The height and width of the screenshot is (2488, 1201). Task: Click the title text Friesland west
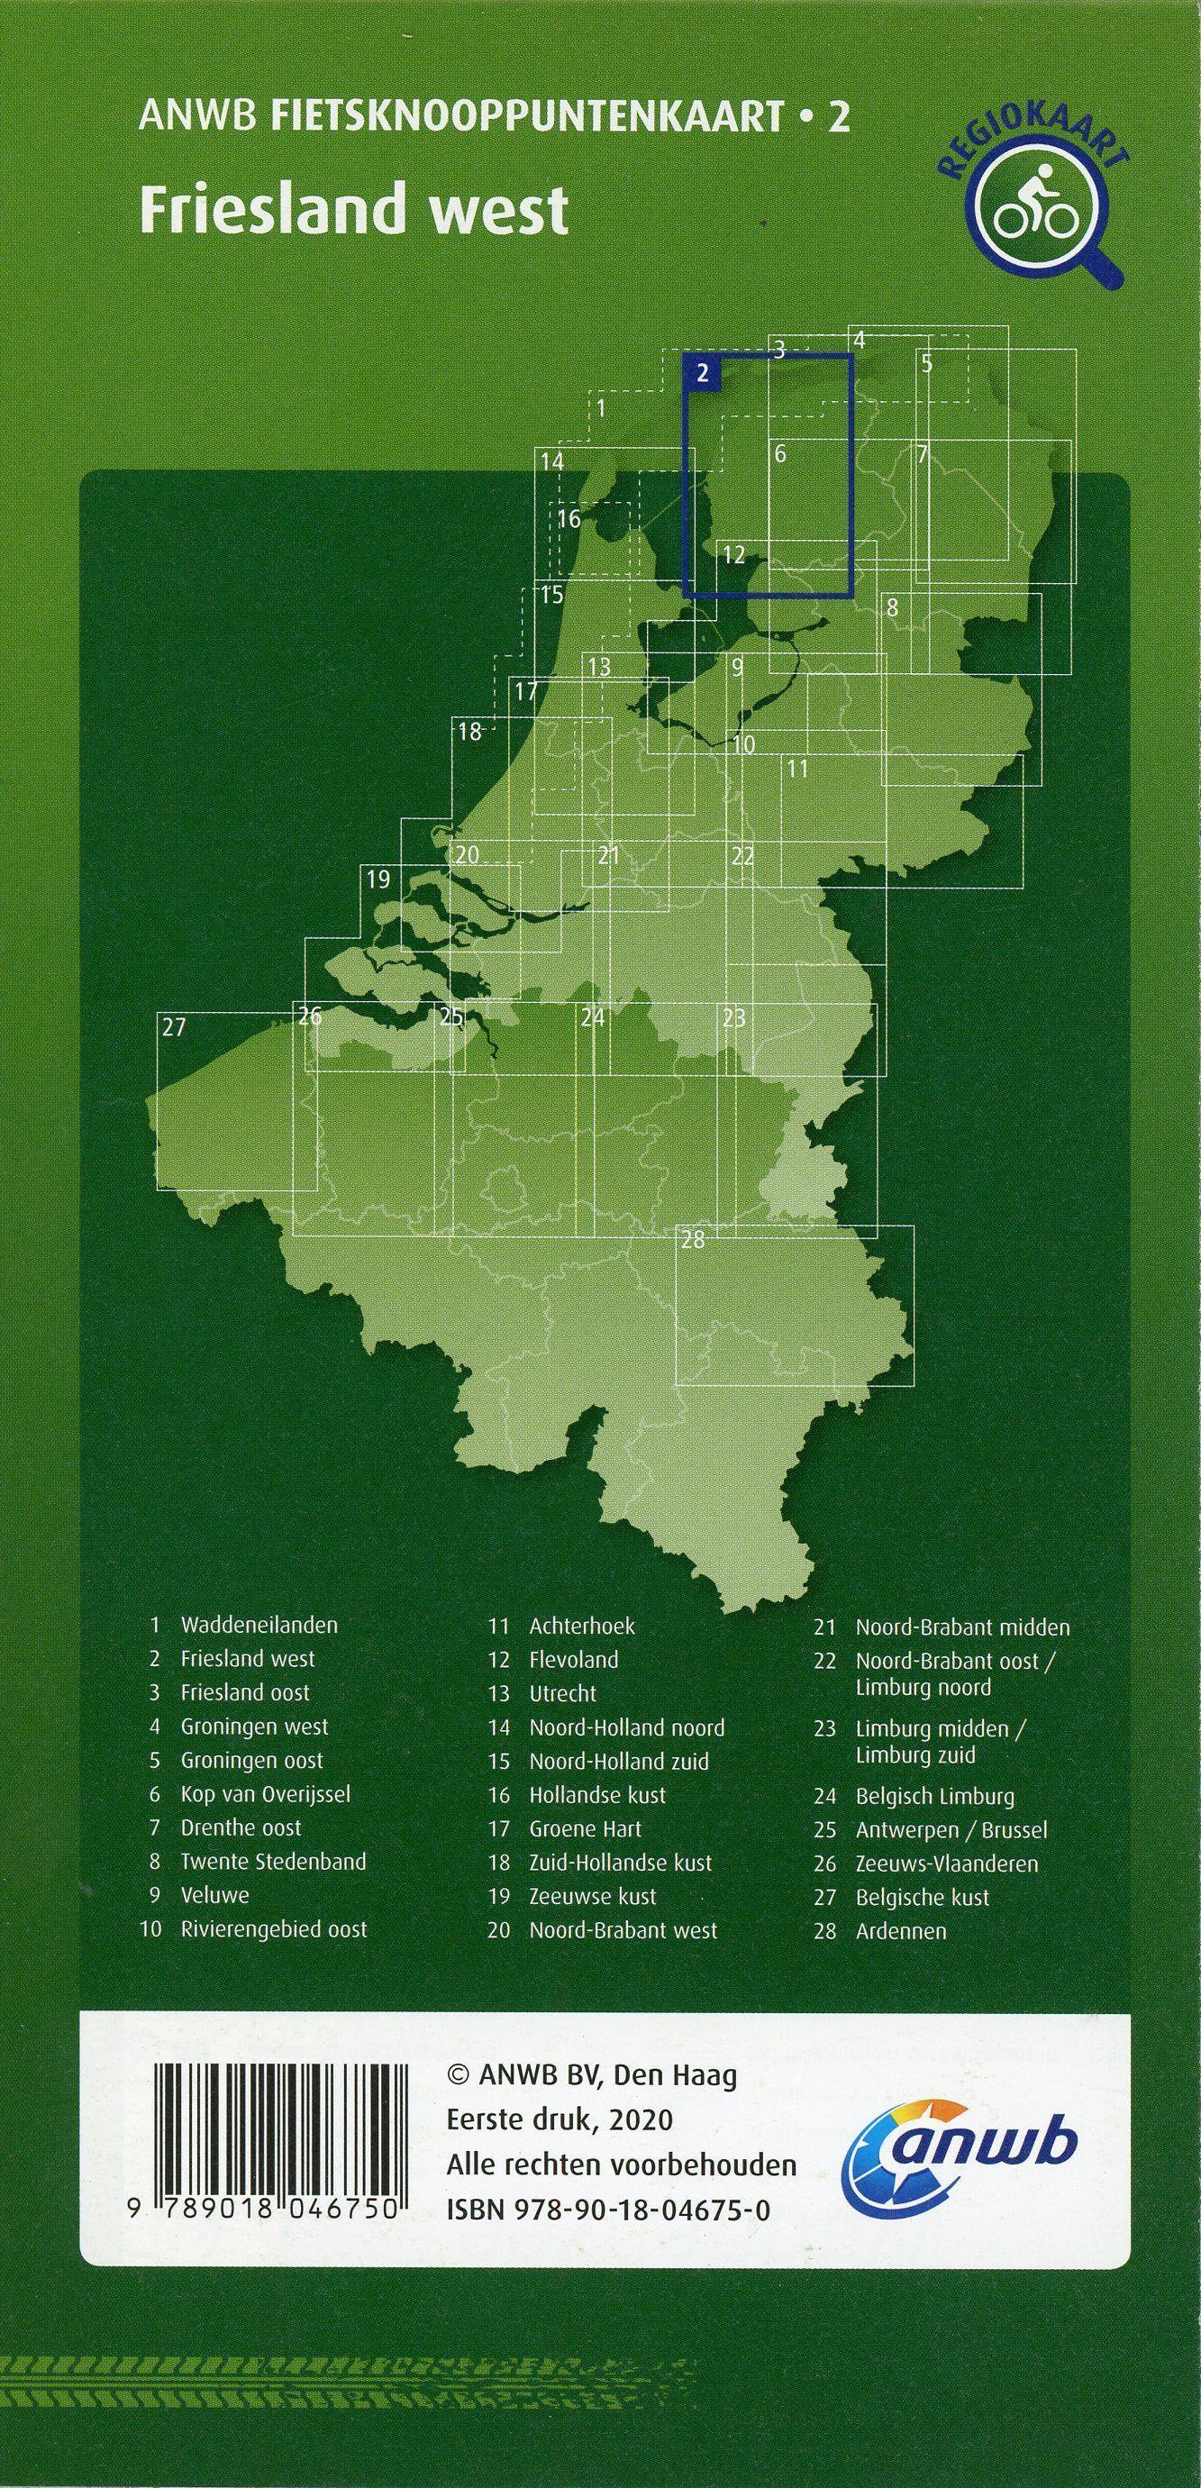353,210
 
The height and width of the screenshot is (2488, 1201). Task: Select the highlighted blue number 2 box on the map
703,374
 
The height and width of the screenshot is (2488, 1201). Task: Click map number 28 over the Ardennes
692,1239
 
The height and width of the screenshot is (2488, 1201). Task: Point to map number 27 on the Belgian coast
174,1026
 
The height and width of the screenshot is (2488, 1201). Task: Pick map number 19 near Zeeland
378,879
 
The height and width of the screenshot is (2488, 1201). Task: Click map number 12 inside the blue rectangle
733,554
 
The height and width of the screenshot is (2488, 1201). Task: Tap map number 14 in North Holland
551,461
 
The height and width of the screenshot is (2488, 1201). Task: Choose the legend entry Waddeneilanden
259,1625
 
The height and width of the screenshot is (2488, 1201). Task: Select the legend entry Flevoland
573,1659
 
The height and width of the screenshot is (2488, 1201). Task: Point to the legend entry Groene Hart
585,1828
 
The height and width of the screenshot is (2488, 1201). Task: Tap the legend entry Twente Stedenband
273,1861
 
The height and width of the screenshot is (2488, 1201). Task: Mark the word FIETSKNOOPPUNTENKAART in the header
527,118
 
